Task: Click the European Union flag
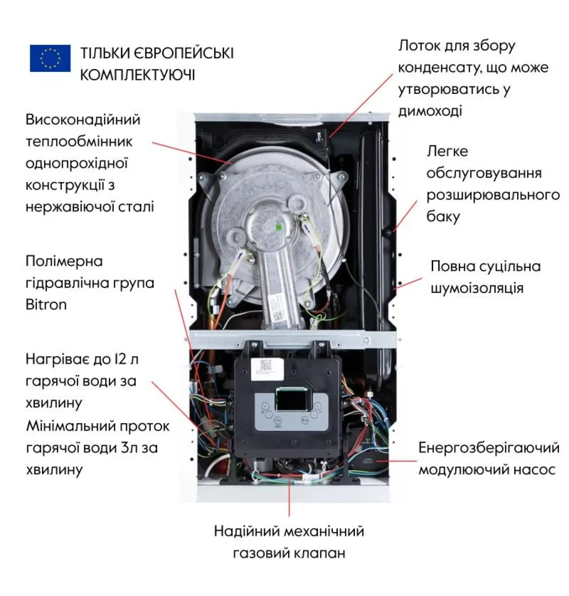pyautogui.click(x=50, y=58)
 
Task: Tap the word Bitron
pyautogui.click(x=46, y=305)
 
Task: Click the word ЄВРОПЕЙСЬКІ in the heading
pyautogui.click(x=183, y=53)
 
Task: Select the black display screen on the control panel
pyautogui.click(x=294, y=400)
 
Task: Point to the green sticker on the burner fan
pyautogui.click(x=279, y=227)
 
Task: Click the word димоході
pyautogui.click(x=430, y=111)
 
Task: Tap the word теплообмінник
pyautogui.click(x=79, y=142)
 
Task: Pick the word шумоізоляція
pyautogui.click(x=477, y=288)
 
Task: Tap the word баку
pyautogui.click(x=443, y=216)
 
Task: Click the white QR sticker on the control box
pyautogui.click(x=267, y=369)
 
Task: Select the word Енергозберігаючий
pyautogui.click(x=489, y=448)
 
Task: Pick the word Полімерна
pyautogui.click(x=64, y=261)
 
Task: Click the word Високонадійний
pyautogui.click(x=83, y=120)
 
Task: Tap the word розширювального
pyautogui.click(x=493, y=195)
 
